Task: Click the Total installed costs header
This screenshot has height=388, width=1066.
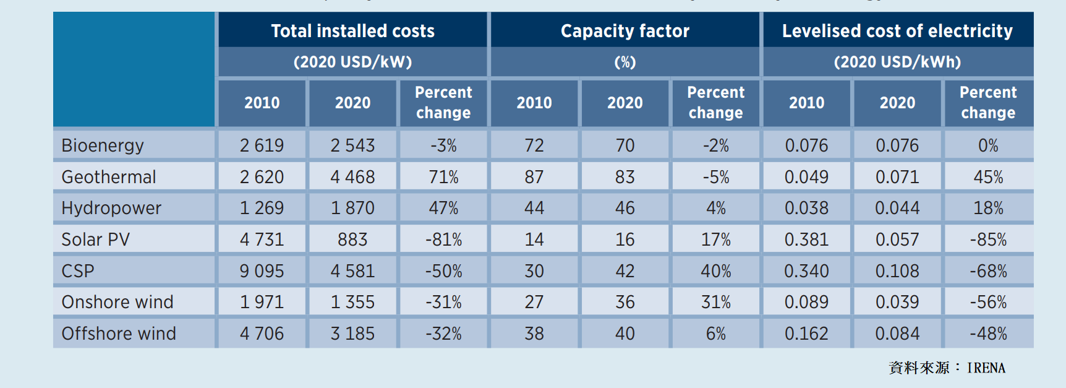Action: pyautogui.click(x=352, y=31)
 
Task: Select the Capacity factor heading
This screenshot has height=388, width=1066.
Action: pyautogui.click(x=625, y=31)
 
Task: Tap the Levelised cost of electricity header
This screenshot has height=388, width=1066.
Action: pyautogui.click(x=897, y=31)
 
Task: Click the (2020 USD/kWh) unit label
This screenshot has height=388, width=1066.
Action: pyautogui.click(x=897, y=62)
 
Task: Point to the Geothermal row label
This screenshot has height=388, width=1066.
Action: pyautogui.click(x=109, y=177)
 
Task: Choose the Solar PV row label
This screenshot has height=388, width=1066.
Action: pyautogui.click(x=96, y=239)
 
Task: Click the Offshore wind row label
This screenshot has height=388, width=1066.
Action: pyautogui.click(x=119, y=334)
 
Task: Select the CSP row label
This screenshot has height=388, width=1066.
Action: pyautogui.click(x=78, y=271)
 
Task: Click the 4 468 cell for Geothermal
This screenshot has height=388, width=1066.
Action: pyautogui.click(x=352, y=177)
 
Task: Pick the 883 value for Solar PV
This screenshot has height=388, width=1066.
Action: pyautogui.click(x=352, y=239)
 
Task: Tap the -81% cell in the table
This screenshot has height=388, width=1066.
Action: pyautogui.click(x=443, y=239)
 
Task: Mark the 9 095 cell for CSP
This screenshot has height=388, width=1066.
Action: pyautogui.click(x=262, y=271)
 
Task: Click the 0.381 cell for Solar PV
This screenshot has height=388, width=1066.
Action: pyautogui.click(x=806, y=239)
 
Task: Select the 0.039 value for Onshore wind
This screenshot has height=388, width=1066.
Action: pyautogui.click(x=897, y=302)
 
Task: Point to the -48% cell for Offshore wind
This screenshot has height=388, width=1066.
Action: pyautogui.click(x=988, y=334)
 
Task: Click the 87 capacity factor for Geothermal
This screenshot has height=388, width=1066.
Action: pyautogui.click(x=534, y=177)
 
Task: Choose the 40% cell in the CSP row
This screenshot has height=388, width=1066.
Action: pyautogui.click(x=716, y=271)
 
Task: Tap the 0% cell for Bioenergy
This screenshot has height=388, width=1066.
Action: pyautogui.click(x=988, y=145)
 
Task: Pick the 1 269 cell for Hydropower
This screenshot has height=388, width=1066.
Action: pyautogui.click(x=262, y=208)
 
